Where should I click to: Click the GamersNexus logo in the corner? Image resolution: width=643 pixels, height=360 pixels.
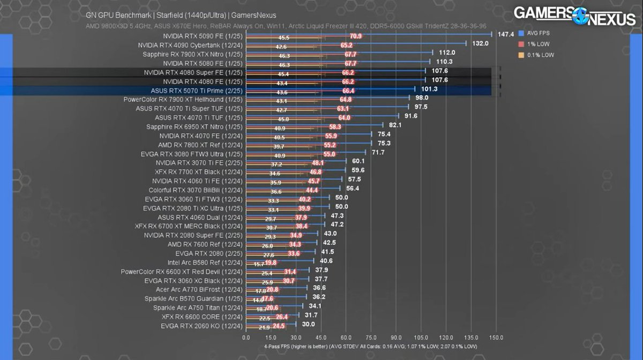[x=575, y=15]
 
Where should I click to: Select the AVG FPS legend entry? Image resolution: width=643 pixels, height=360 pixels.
[x=538, y=33]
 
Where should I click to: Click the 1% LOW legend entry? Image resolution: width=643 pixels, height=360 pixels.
[x=536, y=44]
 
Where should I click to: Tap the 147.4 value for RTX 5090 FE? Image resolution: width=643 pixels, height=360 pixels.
[x=505, y=34]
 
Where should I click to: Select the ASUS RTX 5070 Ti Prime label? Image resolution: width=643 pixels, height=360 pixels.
[x=197, y=91]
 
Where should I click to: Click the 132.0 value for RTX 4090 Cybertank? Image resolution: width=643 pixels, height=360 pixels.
[x=480, y=43]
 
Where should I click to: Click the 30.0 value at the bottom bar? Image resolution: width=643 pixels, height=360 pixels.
[x=309, y=324]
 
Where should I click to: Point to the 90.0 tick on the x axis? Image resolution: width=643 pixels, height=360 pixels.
[x=396, y=337]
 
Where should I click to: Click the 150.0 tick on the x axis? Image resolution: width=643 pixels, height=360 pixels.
[x=496, y=337]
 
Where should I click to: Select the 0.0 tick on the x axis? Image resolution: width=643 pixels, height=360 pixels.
[x=246, y=337]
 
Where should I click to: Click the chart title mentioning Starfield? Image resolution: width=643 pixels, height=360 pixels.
[x=181, y=15]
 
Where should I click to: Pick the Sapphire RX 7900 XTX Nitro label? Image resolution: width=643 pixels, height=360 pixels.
[x=192, y=54]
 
